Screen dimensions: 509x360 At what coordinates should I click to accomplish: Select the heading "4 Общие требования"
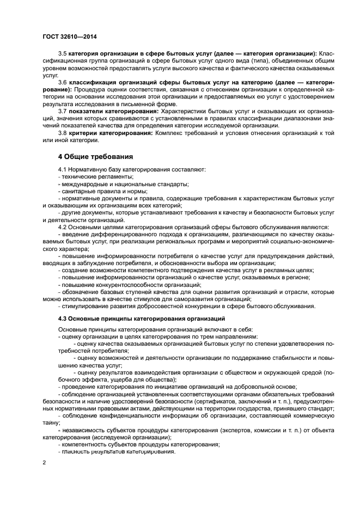96,157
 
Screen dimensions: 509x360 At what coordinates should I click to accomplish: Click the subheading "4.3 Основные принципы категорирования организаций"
142,318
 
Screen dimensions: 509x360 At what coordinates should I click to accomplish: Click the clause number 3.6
63,81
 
